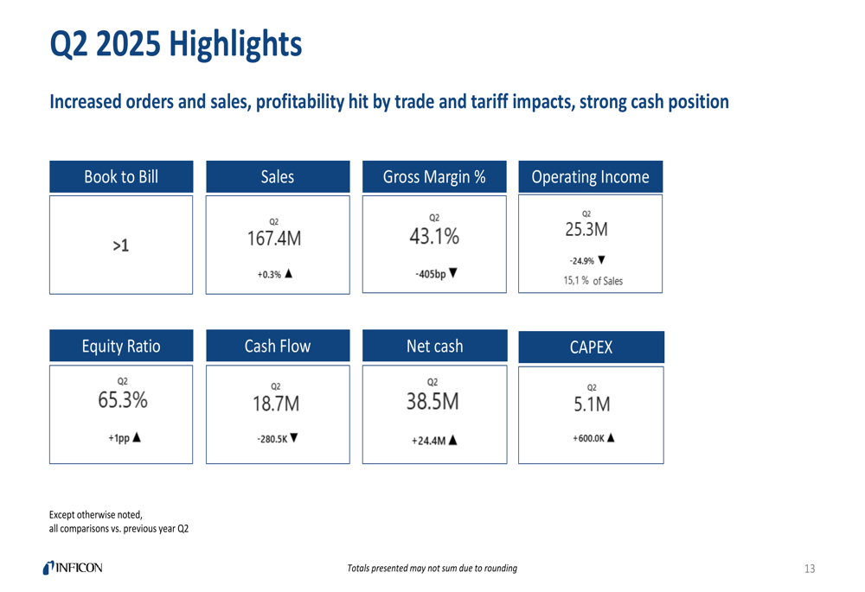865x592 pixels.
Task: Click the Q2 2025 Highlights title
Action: pyautogui.click(x=176, y=44)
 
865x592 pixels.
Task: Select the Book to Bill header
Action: pyautogui.click(x=121, y=177)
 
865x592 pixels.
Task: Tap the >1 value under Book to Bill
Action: pyautogui.click(x=121, y=246)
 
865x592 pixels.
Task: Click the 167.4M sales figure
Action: pyautogui.click(x=274, y=239)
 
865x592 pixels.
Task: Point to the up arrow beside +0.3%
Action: pyautogui.click(x=288, y=274)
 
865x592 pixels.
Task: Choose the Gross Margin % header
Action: pyautogui.click(x=434, y=177)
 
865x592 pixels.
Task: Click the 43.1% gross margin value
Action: pyautogui.click(x=434, y=235)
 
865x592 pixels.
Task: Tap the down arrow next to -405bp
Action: pyautogui.click(x=453, y=274)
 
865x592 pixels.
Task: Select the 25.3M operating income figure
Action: pyautogui.click(x=586, y=230)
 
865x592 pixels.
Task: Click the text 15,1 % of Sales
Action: pyautogui.click(x=593, y=281)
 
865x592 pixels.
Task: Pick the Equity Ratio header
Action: pyautogui.click(x=121, y=347)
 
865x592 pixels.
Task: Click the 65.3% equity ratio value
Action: pyautogui.click(x=122, y=400)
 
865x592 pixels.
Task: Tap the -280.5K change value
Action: pyautogui.click(x=272, y=439)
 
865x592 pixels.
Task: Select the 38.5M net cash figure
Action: pyautogui.click(x=432, y=400)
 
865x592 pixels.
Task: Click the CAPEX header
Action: pyautogui.click(x=591, y=347)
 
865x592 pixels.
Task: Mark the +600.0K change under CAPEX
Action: pyautogui.click(x=588, y=438)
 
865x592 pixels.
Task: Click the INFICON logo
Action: pyautogui.click(x=73, y=568)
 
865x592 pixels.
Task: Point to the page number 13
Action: pyautogui.click(x=810, y=569)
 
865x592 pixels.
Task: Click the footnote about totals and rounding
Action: pyautogui.click(x=432, y=569)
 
